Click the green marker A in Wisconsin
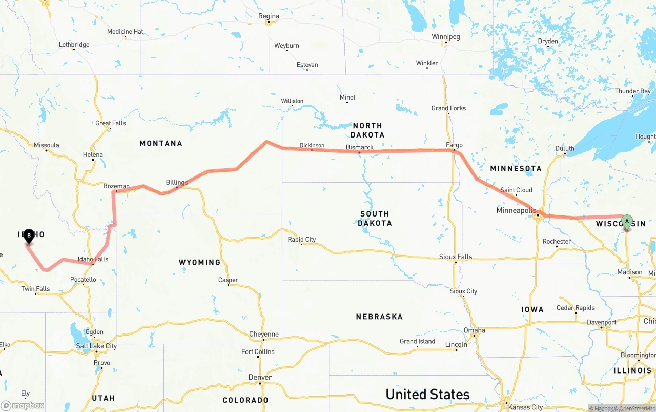[x=626, y=222]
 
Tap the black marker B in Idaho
[x=29, y=236]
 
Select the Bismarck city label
[x=360, y=147]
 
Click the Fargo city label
[x=454, y=145]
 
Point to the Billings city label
[x=177, y=182]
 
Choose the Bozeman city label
[x=116, y=186]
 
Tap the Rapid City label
[x=302, y=239]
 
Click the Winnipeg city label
[x=446, y=36]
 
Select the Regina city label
[x=269, y=16]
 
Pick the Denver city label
[x=260, y=377]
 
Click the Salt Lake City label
[x=96, y=346]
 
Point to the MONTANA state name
[x=161, y=143]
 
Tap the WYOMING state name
[x=199, y=262]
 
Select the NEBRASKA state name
[x=379, y=317]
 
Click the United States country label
[x=427, y=394]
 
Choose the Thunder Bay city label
[x=633, y=91]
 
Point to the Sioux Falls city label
[x=456, y=257]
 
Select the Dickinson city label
[x=312, y=145]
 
